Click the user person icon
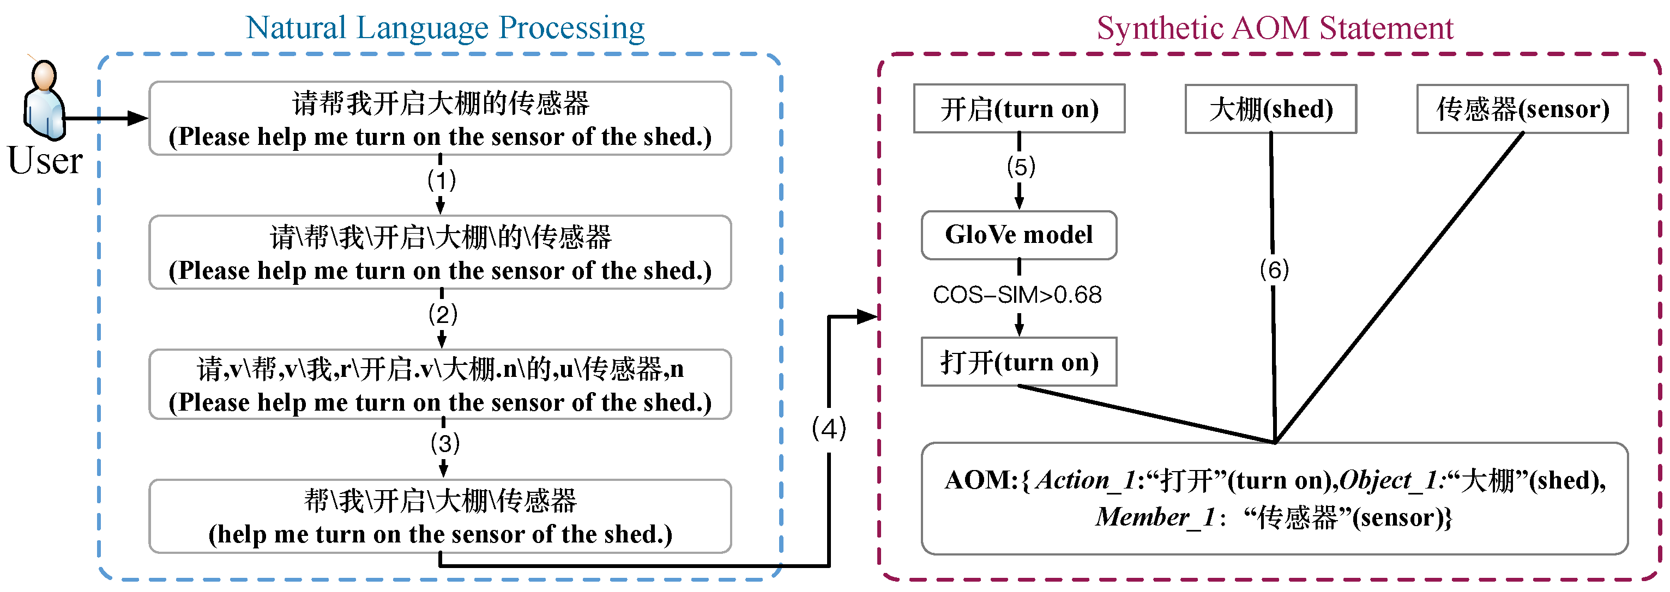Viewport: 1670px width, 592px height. tap(44, 100)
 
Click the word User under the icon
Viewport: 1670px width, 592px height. tap(45, 160)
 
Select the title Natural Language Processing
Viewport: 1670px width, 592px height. tap(445, 28)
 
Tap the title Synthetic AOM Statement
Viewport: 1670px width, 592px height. tap(1275, 28)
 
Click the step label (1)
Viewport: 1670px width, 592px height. tap(442, 180)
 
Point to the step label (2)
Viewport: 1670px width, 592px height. tap(443, 314)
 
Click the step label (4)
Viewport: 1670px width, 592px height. tap(829, 428)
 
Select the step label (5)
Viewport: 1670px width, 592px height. tap(1021, 167)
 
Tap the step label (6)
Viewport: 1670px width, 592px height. tap(1274, 269)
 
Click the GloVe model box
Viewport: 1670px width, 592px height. tap(1018, 235)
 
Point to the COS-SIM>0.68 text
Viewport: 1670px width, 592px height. tap(1016, 295)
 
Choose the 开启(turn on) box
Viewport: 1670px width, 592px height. tap(1018, 109)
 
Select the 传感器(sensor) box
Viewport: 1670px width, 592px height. tap(1522, 109)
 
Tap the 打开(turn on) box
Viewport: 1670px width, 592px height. tap(1018, 362)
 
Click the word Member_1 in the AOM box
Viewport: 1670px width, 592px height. tap(1154, 517)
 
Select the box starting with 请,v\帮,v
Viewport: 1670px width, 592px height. tap(440, 385)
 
